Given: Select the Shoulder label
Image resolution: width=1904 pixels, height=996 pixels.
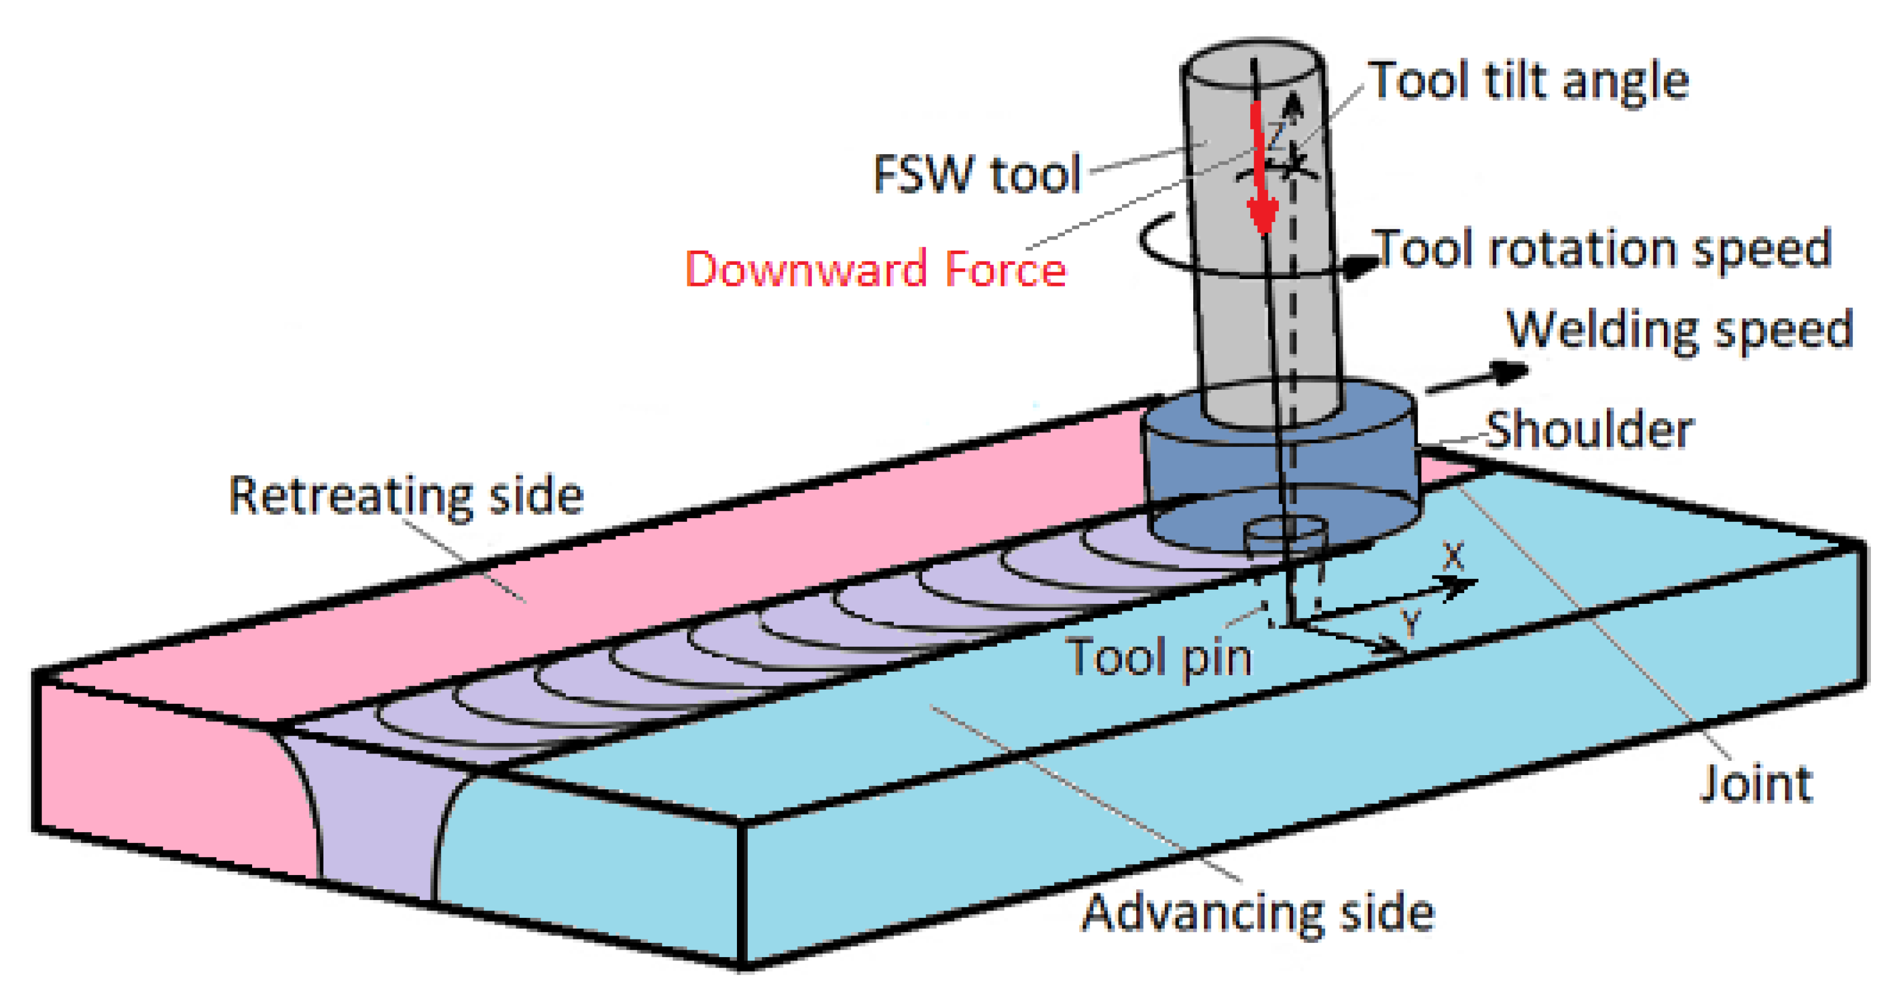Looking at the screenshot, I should click(x=1589, y=430).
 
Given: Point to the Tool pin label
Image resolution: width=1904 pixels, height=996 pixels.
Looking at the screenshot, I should click(x=1159, y=656).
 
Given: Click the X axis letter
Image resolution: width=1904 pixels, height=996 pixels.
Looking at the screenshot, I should click(x=1453, y=556).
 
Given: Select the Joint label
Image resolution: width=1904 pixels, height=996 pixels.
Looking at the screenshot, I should click(x=1756, y=784).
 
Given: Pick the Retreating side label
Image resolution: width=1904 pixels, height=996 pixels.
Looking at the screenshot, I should click(x=406, y=495).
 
